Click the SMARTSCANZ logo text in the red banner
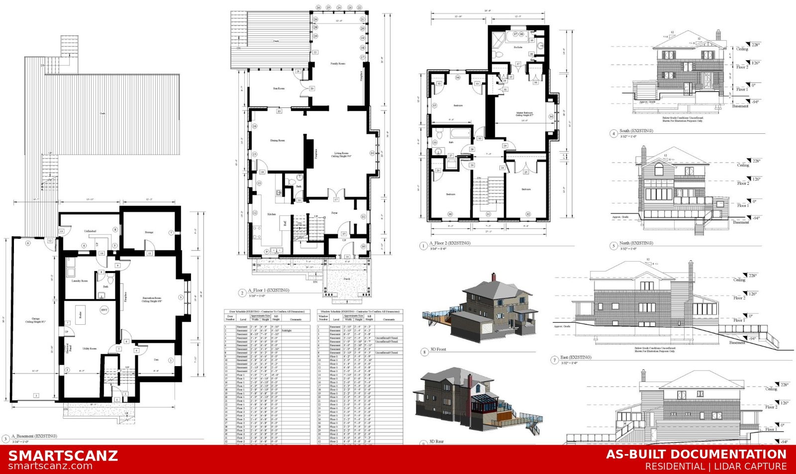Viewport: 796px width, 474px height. (x=63, y=456)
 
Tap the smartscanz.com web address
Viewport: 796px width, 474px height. (x=50, y=467)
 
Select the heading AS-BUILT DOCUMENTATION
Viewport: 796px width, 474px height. (x=696, y=454)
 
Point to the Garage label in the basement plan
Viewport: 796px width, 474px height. (x=36, y=320)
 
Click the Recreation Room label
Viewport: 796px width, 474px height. (x=151, y=299)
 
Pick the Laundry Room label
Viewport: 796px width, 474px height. (x=80, y=281)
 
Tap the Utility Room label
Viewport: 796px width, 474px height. (x=90, y=348)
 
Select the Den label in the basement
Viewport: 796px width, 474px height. (x=156, y=359)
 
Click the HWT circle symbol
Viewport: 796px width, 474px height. (x=104, y=309)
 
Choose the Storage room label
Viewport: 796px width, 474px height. (x=149, y=232)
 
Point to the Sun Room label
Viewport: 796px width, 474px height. (x=279, y=89)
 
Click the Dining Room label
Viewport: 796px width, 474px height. (x=277, y=141)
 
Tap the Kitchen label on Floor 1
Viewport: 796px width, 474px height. (x=272, y=214)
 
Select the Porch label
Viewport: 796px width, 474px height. (x=347, y=279)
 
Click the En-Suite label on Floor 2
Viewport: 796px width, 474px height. (x=518, y=47)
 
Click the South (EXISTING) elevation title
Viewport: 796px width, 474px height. (x=636, y=131)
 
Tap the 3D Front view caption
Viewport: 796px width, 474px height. (x=438, y=350)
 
